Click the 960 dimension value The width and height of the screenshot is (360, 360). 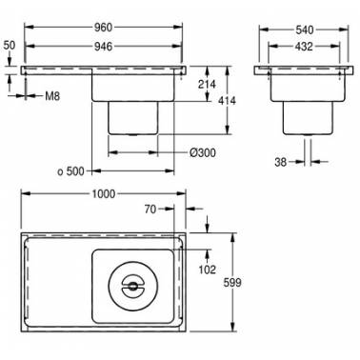[x=103, y=28]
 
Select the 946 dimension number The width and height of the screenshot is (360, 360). [x=103, y=47]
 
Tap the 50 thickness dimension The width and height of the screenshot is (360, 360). [x=9, y=45]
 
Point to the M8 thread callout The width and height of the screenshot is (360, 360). [x=52, y=95]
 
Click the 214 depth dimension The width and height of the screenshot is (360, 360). [x=207, y=84]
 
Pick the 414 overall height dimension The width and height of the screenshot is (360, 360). [x=227, y=101]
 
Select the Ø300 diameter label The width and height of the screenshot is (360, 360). [x=203, y=152]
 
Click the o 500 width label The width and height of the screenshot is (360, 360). [x=71, y=171]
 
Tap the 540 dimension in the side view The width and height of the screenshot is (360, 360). [x=305, y=30]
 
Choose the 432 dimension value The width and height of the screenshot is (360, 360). [x=304, y=47]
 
